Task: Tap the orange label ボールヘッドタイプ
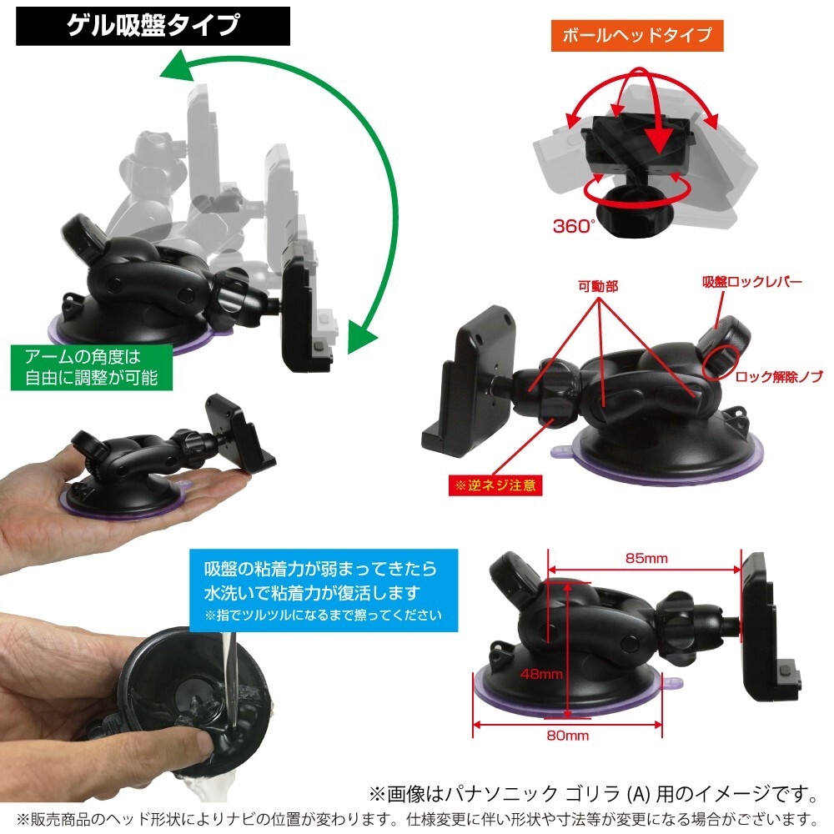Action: (636, 36)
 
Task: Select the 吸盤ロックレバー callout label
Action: (751, 282)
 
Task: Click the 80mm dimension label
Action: (567, 736)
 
